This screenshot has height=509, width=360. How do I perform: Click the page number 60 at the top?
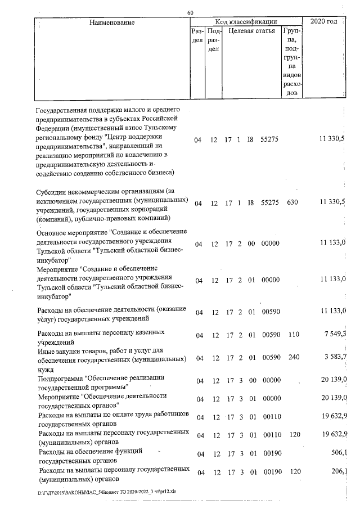click(x=190, y=13)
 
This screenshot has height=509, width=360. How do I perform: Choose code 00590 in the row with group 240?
click(x=271, y=358)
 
